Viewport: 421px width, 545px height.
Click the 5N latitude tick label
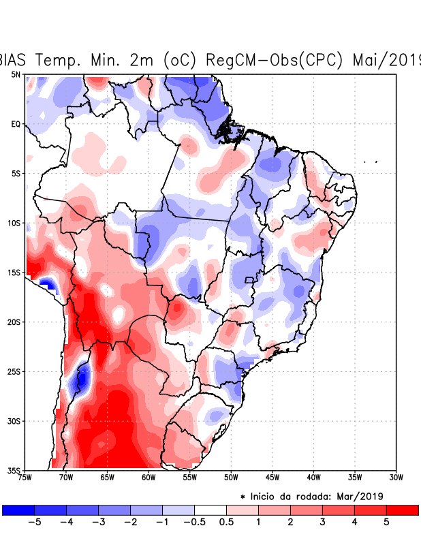point(16,74)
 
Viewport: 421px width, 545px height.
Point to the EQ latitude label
point(16,124)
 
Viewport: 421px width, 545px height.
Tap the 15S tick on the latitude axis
point(14,272)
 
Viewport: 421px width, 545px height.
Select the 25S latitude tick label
point(14,372)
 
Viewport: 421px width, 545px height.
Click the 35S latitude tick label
point(14,471)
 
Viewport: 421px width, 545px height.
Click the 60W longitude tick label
point(148,478)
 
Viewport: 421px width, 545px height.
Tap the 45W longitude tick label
point(272,478)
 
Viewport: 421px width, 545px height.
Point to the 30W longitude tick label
point(396,478)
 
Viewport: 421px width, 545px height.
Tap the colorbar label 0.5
point(226,523)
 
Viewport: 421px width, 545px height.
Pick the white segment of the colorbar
point(210,510)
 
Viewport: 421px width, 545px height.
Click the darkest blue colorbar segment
point(18,510)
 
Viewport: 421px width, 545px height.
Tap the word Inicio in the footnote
point(265,496)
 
